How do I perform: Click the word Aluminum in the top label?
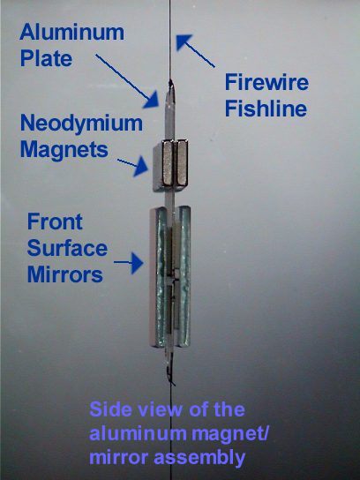tap(72, 32)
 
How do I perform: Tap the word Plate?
tap(46, 58)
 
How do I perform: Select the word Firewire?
tap(266, 82)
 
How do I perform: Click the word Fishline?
tap(266, 109)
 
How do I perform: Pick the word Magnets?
tap(64, 149)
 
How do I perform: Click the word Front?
tap(55, 221)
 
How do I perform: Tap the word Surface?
tap(67, 248)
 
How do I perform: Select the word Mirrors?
tap(65, 274)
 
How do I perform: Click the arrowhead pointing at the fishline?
tap(183, 41)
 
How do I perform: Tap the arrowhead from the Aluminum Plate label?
tap(152, 100)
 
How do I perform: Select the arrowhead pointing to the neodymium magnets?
tap(141, 166)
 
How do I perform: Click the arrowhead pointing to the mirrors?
tap(138, 263)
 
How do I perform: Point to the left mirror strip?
tap(159, 277)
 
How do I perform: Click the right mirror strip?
tap(184, 276)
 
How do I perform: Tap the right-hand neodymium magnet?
tap(182, 162)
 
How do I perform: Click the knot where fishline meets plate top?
tap(170, 83)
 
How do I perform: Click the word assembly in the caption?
tap(199, 458)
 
